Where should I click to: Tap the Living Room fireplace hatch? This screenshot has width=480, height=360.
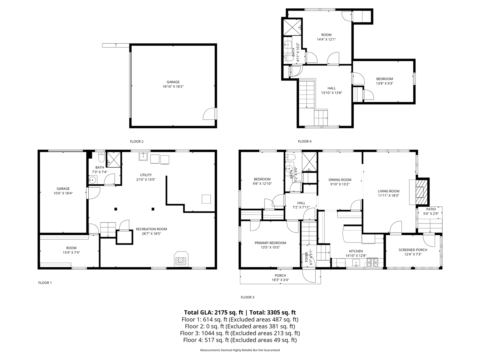tap(421, 192)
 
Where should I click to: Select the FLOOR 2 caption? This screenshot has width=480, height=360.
tap(137, 141)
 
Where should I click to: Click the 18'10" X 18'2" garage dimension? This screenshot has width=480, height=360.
tap(173, 87)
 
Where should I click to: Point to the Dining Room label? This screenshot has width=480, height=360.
tap(340, 180)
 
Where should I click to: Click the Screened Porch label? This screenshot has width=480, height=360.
tap(413, 250)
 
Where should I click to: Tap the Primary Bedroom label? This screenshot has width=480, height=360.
tap(270, 243)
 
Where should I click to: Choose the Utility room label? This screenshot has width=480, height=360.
tap(146, 175)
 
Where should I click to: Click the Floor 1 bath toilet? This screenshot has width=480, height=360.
tap(102, 157)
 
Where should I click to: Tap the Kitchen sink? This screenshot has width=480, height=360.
tap(356, 263)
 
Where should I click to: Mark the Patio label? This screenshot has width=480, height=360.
tap(431, 209)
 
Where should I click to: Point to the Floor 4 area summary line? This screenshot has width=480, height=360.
tap(240, 340)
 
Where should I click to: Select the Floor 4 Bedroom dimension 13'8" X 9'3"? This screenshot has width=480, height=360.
tap(385, 83)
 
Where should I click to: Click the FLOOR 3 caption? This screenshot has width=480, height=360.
tap(248, 297)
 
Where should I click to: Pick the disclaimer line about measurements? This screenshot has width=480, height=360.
tap(240, 350)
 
